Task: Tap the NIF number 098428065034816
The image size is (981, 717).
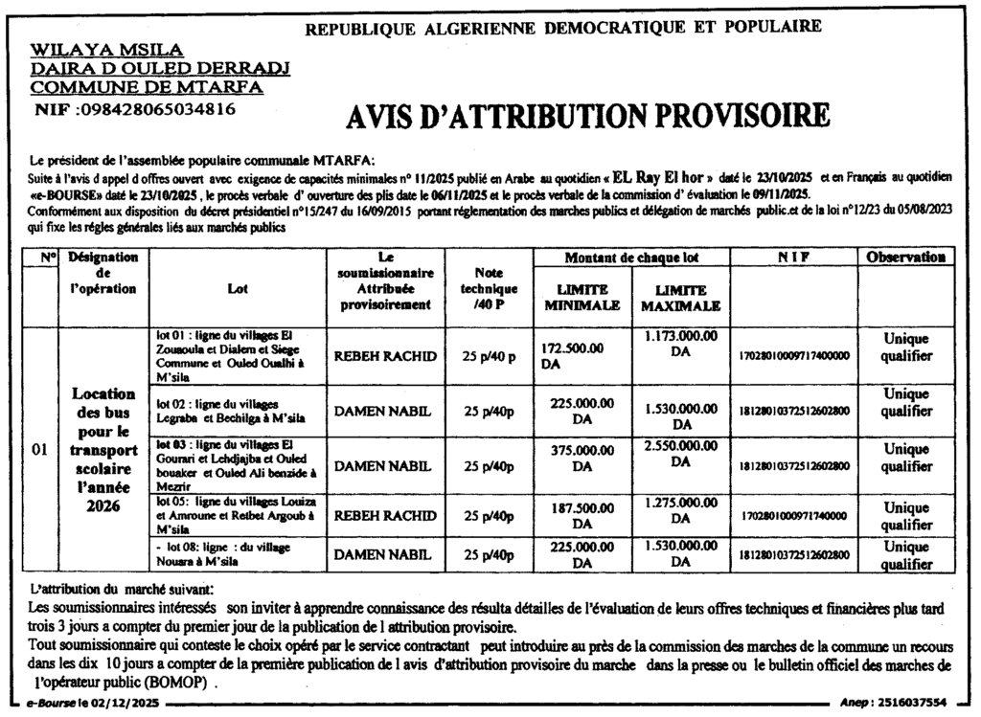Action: pyautogui.click(x=135, y=108)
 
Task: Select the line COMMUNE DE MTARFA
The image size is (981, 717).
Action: pyautogui.click(x=147, y=87)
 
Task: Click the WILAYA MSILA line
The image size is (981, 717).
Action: pyautogui.click(x=107, y=50)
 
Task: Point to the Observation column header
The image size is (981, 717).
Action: pyautogui.click(x=906, y=258)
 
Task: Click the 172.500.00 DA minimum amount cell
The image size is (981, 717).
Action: pyautogui.click(x=573, y=355)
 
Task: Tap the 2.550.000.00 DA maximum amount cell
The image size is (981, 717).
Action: pyautogui.click(x=681, y=454)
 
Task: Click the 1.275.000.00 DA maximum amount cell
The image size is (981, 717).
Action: pyautogui.click(x=681, y=510)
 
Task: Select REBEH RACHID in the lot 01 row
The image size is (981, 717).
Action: pyautogui.click(x=384, y=356)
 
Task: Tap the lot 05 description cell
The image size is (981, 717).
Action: pyautogui.click(x=239, y=515)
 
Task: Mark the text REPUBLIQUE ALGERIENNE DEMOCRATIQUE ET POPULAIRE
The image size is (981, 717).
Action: pyautogui.click(x=562, y=27)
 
